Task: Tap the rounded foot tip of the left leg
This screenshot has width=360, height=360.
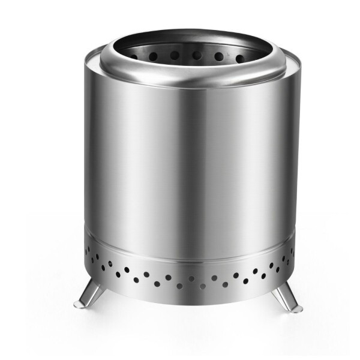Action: click(80, 305)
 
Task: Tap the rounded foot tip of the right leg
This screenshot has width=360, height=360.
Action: click(296, 308)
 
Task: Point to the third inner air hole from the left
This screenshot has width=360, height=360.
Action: click(174, 55)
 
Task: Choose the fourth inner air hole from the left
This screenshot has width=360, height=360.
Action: click(196, 55)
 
